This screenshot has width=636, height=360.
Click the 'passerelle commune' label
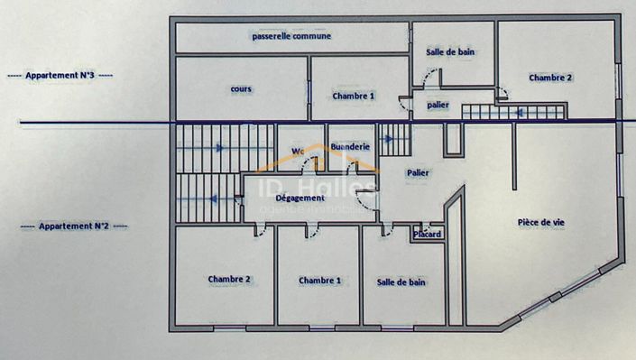point(290,36)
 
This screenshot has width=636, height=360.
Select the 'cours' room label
point(241,89)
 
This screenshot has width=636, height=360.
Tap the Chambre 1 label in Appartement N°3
point(353,95)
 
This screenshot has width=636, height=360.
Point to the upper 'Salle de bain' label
point(450,52)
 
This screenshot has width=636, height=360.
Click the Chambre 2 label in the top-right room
point(550,78)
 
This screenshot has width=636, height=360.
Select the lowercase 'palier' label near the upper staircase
point(438,106)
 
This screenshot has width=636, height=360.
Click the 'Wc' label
point(298,151)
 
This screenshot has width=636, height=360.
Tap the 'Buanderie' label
point(349,146)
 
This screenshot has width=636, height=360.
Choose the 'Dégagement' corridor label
point(300,198)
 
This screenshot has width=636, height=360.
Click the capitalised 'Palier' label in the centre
point(418,171)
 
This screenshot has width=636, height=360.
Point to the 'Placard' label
point(427,235)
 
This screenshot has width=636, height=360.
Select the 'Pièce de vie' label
point(541,222)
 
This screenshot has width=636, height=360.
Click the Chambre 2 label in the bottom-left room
point(228,280)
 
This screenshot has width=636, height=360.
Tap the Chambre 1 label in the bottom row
point(319,281)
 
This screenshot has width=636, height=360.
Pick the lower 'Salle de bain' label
point(401,282)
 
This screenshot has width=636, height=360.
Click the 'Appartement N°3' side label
point(60,76)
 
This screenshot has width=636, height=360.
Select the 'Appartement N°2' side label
point(74,226)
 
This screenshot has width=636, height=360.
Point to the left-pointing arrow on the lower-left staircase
point(214,198)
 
